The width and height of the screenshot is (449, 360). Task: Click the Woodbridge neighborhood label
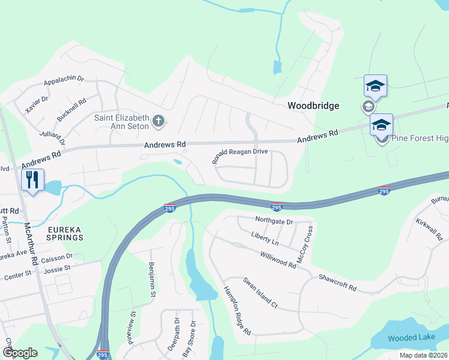(x=313, y=106)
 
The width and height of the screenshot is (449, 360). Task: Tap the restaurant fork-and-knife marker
(x=32, y=179)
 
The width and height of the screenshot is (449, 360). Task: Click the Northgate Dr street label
(x=273, y=221)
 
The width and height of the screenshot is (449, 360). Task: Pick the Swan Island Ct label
(x=260, y=293)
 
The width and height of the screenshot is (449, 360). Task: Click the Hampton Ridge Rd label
(x=237, y=310)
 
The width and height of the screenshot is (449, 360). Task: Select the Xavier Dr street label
(x=37, y=104)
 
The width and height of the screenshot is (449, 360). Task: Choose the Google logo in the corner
(x=20, y=353)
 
